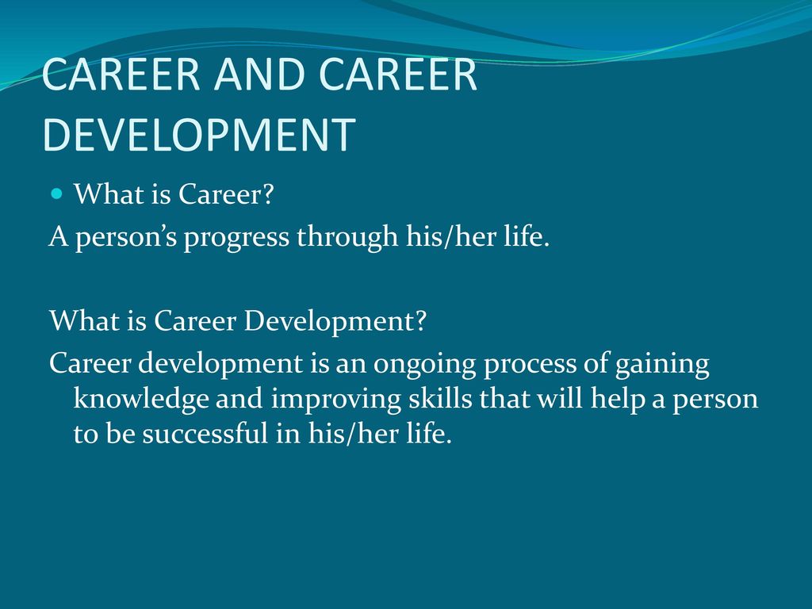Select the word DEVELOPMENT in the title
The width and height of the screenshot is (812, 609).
pos(199,134)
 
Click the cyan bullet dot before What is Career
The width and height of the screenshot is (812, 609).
pos(57,194)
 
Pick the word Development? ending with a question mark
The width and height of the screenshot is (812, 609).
pos(335,321)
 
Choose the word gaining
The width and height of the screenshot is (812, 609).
pos(662,364)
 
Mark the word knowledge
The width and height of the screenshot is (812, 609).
pos(141,400)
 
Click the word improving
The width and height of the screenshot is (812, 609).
pos(336,400)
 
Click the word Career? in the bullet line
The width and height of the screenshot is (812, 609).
pos(226,194)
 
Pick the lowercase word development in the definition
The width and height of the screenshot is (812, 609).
pos(220,364)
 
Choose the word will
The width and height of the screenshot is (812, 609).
pos(559,398)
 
